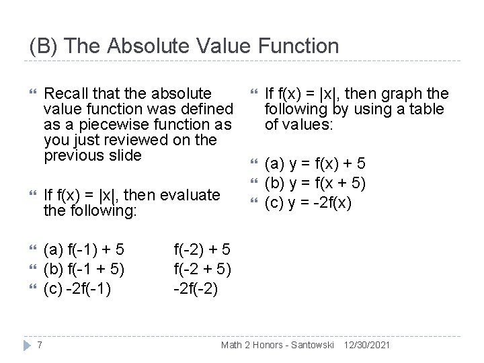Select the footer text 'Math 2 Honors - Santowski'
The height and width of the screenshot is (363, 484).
tap(278, 344)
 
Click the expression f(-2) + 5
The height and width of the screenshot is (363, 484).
tap(202, 251)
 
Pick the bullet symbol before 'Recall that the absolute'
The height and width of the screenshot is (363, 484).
tap(26, 93)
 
